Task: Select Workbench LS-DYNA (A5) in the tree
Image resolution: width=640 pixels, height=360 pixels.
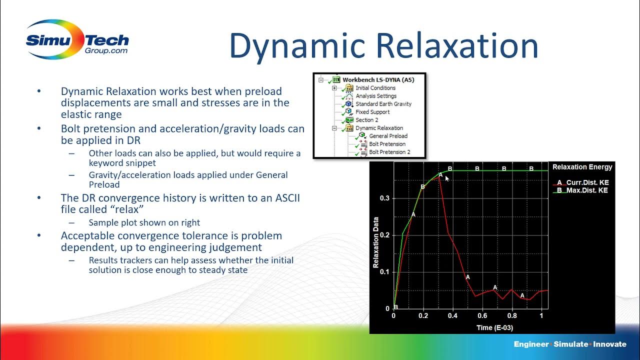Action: (x=378, y=79)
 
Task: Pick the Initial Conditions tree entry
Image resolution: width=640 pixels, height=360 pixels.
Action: (x=375, y=88)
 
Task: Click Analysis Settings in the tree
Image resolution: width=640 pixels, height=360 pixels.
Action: (x=376, y=96)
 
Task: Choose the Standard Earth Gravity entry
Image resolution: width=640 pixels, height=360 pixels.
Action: (x=383, y=104)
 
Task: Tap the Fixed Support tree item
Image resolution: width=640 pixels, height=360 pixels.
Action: (x=372, y=112)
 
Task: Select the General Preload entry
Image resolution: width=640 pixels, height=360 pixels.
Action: (x=388, y=136)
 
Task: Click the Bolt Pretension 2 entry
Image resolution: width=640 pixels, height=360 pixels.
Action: (x=389, y=152)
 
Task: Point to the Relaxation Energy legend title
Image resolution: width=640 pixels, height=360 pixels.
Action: (x=582, y=167)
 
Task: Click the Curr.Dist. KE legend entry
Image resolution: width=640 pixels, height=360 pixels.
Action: (x=587, y=182)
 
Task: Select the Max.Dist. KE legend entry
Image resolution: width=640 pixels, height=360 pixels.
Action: (x=587, y=190)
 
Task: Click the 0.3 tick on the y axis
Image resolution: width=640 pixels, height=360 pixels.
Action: (x=384, y=198)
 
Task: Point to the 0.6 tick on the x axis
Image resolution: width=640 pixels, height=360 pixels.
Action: (x=482, y=316)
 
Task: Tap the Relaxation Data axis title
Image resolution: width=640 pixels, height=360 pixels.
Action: (x=376, y=242)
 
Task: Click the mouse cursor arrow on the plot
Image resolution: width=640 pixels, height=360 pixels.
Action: (x=447, y=177)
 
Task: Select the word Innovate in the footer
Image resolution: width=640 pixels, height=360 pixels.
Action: (x=609, y=344)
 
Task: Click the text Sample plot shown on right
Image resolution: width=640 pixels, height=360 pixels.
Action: (x=144, y=222)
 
